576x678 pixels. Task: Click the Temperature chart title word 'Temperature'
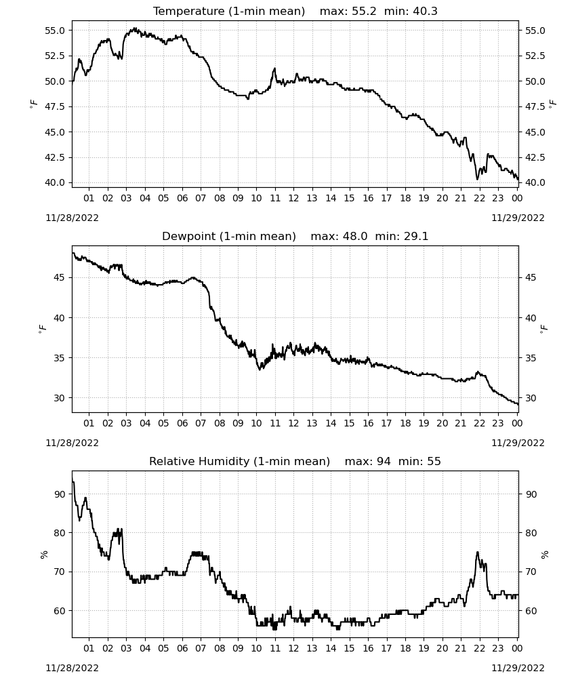tap(189, 12)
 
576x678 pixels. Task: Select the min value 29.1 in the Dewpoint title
tap(415, 236)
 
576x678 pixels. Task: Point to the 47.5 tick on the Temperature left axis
tap(54, 107)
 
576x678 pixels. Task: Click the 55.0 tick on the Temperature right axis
tap(535, 31)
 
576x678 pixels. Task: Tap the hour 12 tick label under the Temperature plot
tap(293, 198)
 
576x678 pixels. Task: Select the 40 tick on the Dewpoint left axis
tap(59, 318)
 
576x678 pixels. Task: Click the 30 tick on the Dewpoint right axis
tap(530, 398)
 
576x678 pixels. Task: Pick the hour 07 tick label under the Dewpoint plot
tap(201, 423)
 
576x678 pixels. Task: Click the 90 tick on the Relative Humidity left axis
tap(60, 494)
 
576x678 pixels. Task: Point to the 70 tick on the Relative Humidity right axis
tap(531, 572)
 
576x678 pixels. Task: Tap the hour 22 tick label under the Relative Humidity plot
tap(479, 648)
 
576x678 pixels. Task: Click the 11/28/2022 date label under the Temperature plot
tap(72, 218)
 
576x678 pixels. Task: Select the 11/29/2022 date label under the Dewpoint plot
tap(518, 443)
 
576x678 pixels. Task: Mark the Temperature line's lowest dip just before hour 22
tap(478, 179)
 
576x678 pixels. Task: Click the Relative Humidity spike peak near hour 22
tap(478, 552)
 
